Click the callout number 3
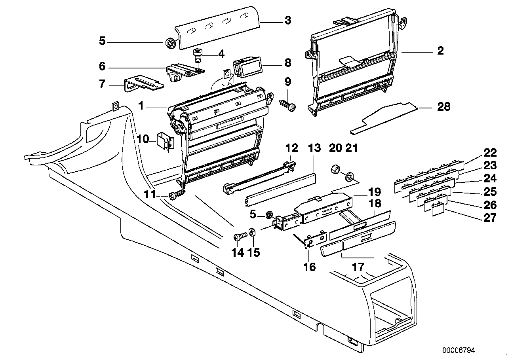coord(288,20)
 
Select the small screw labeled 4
coord(197,55)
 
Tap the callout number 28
coord(443,107)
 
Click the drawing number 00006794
coord(459,351)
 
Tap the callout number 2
coord(440,51)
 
